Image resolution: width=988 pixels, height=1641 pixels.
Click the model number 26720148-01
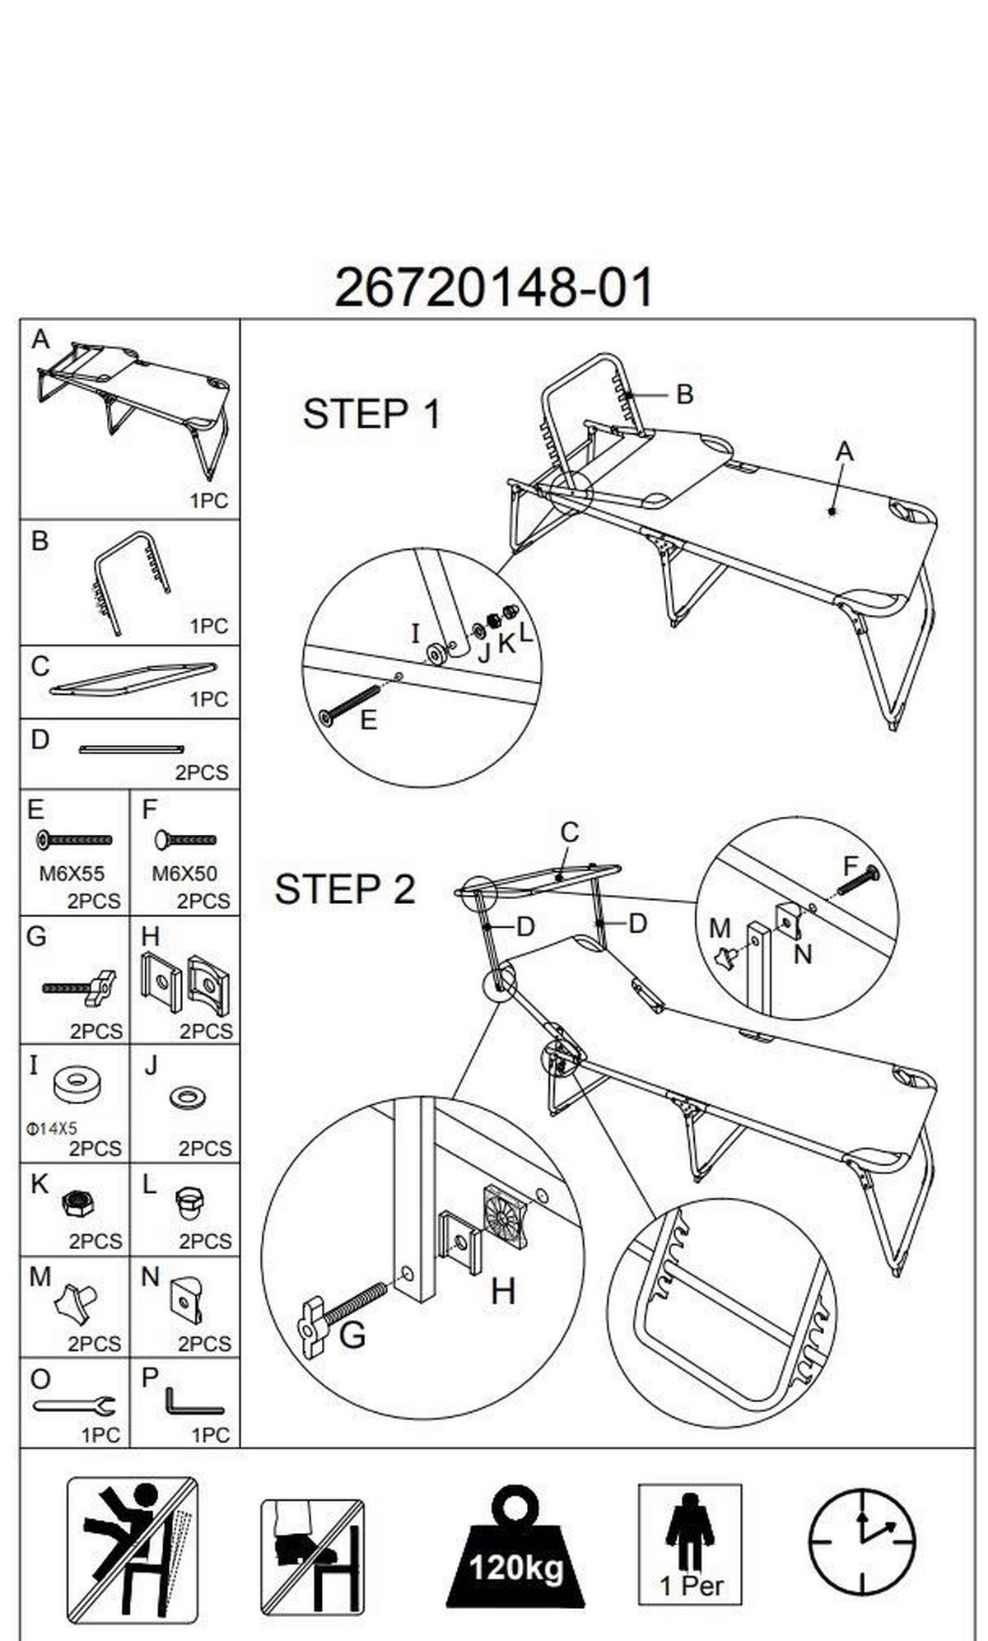[494, 288]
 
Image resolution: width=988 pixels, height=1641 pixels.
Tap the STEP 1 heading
[372, 414]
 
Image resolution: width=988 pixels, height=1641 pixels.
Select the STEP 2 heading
[344, 890]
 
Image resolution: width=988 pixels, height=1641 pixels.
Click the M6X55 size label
[72, 873]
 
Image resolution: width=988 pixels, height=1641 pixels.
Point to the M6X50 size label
[184, 873]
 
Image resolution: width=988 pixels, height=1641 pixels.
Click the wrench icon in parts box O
[74, 1405]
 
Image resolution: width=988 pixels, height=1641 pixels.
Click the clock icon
[861, 1541]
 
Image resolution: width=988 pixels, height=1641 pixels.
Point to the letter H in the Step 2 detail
[503, 1291]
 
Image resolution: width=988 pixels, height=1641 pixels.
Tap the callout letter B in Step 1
[684, 394]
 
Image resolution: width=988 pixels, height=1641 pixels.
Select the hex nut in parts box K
[78, 1205]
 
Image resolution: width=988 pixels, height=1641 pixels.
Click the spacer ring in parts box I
[78, 1085]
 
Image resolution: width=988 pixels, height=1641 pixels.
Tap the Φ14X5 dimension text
[51, 1129]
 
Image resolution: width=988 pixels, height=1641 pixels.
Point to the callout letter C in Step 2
[569, 832]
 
